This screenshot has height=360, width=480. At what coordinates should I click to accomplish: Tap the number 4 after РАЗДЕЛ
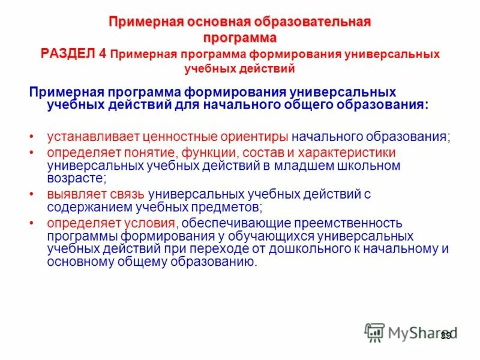pos(103,53)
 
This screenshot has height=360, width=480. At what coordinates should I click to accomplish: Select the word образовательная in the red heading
pos(321,23)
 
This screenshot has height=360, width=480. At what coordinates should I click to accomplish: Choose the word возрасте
pos(76,178)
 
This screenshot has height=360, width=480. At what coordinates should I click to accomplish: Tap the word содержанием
pos(85,206)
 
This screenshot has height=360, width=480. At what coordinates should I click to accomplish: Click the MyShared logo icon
pos(374,332)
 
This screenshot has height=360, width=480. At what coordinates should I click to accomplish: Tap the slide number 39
pos(446,335)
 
